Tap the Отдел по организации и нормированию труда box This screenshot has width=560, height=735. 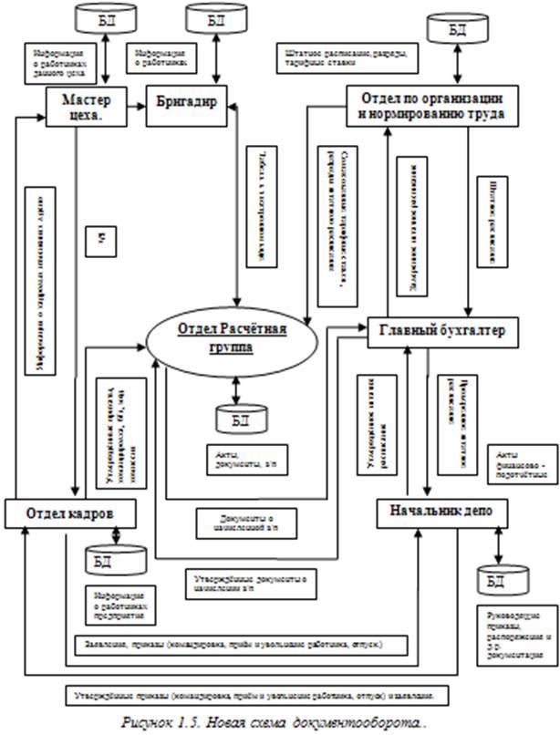(437, 108)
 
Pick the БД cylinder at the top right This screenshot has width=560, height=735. (459, 31)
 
